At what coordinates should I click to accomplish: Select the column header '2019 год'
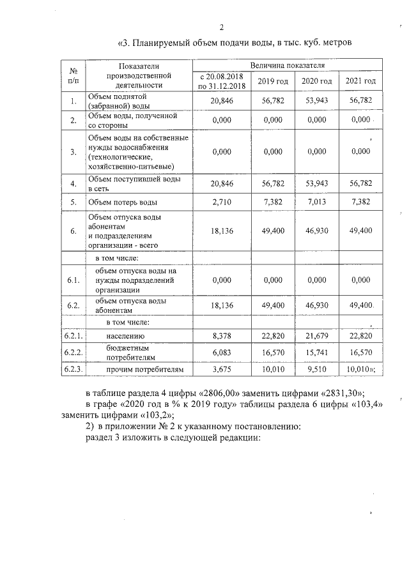(273, 80)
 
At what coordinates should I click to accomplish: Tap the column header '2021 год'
(360, 80)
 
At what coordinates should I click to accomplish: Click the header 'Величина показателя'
(288, 66)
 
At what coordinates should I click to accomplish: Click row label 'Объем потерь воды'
(123, 202)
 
